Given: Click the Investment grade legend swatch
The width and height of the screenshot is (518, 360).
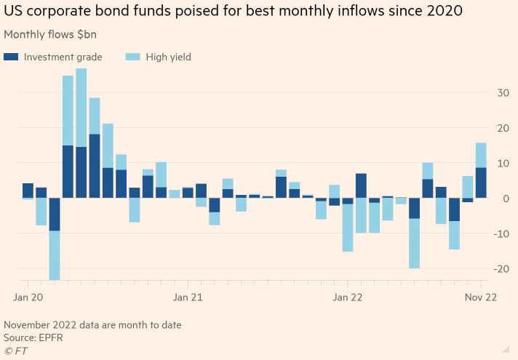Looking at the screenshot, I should [x=11, y=57].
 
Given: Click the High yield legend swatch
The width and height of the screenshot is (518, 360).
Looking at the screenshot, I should [x=132, y=57].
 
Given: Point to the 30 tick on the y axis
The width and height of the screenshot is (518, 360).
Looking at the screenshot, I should [x=501, y=92].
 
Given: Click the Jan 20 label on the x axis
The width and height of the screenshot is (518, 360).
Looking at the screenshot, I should [x=29, y=297].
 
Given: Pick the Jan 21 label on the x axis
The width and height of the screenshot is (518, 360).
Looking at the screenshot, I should [x=188, y=297].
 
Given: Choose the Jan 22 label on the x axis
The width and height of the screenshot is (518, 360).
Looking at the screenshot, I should [x=347, y=297].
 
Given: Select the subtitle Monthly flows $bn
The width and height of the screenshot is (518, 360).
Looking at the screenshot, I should [x=50, y=34].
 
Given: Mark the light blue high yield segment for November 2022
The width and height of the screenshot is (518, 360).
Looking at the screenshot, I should [x=481, y=155].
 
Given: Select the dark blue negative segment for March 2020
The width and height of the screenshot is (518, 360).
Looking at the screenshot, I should [x=55, y=215].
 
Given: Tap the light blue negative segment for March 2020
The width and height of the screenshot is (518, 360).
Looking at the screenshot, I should [x=55, y=255].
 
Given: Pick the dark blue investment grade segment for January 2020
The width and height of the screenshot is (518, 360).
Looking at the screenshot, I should [x=28, y=191].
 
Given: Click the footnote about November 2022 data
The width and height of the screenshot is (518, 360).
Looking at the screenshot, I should [x=92, y=324].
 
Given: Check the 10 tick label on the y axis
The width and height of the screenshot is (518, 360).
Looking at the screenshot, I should [x=501, y=163].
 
